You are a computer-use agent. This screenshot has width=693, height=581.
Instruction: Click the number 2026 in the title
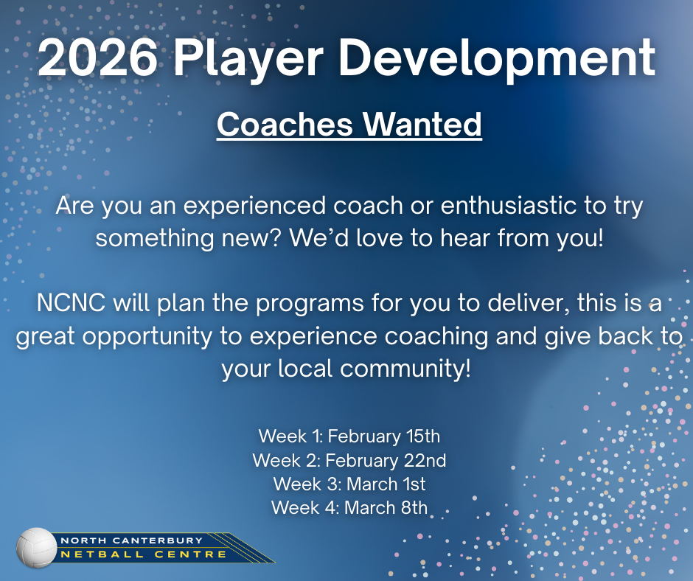[97, 58]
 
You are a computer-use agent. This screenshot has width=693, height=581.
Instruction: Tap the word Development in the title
[497, 59]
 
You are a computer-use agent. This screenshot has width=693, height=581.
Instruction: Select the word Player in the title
[248, 59]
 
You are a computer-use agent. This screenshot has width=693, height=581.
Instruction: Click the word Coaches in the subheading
[285, 125]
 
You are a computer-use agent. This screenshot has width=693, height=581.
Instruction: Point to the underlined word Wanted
[422, 125]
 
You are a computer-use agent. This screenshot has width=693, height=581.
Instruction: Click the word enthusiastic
[508, 205]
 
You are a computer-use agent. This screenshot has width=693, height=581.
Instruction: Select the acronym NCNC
[72, 303]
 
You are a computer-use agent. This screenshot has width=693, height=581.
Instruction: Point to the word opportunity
[147, 338]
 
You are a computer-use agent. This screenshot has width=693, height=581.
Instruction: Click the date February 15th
[383, 436]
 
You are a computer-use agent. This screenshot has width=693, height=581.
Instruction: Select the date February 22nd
[386, 460]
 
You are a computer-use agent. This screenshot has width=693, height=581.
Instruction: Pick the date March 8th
[386, 507]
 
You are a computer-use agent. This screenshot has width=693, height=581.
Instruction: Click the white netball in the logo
[37, 547]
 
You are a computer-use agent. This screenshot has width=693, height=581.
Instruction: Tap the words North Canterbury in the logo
[131, 540]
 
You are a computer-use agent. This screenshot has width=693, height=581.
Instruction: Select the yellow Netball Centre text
[144, 554]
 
